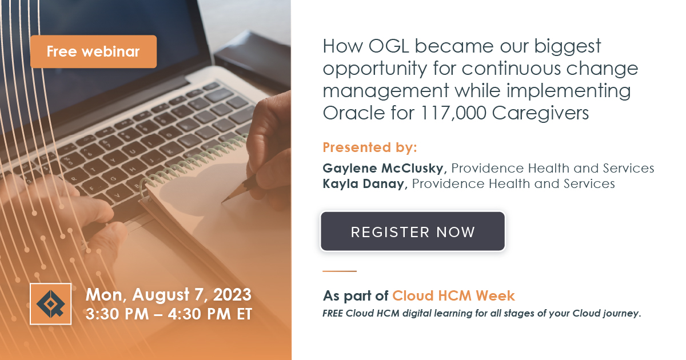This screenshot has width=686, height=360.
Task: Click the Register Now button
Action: click(412, 231)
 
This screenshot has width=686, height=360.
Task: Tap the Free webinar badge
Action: click(93, 51)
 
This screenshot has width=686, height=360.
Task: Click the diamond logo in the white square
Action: click(50, 303)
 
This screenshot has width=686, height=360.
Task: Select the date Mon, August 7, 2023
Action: click(168, 295)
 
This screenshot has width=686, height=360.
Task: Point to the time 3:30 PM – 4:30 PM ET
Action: click(168, 314)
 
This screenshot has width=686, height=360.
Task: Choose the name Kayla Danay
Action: click(364, 183)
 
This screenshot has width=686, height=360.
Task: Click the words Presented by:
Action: click(370, 147)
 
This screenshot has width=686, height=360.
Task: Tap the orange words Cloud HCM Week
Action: click(453, 295)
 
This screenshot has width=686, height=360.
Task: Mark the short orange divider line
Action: click(340, 271)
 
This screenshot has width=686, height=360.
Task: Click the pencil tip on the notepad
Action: click(224, 201)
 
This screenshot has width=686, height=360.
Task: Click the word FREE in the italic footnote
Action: click(334, 313)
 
